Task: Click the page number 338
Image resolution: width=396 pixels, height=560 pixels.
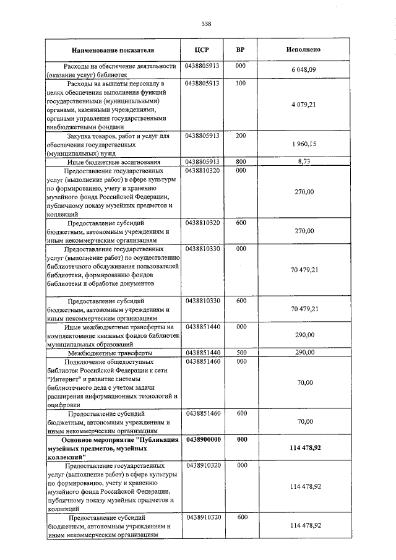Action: pyautogui.click(x=207, y=24)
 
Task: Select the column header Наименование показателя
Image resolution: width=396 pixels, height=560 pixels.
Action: pyautogui.click(x=113, y=50)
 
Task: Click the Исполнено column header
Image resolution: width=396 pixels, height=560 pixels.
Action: pyautogui.click(x=304, y=50)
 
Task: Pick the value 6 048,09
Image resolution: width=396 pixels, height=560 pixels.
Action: pyautogui.click(x=304, y=70)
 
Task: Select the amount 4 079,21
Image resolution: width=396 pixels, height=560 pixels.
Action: pyautogui.click(x=304, y=105)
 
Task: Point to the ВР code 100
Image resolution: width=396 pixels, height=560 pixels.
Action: pyautogui.click(x=241, y=84)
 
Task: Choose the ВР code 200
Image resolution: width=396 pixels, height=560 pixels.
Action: pyautogui.click(x=241, y=135)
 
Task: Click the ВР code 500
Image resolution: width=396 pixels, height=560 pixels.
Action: pyautogui.click(x=241, y=352)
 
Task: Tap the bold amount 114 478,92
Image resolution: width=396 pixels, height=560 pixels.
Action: pyautogui.click(x=304, y=447)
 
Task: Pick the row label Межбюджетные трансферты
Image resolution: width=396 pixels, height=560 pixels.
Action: pyautogui.click(x=113, y=353)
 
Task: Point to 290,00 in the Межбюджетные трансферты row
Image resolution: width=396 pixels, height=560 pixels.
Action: pyautogui.click(x=304, y=352)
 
